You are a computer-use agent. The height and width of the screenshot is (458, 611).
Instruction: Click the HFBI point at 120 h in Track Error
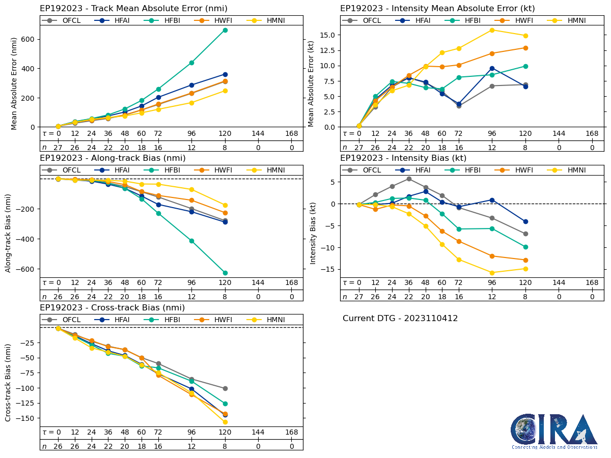(225, 30)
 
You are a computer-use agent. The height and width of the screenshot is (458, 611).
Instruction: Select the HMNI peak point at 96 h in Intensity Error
(492, 30)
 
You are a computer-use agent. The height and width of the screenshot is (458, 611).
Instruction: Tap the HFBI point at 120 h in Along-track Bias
(225, 273)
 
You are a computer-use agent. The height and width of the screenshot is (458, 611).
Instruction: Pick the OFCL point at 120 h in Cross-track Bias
(225, 388)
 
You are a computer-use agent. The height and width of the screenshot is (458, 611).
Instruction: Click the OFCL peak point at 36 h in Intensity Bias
(409, 179)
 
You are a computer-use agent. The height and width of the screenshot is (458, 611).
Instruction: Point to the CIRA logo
(554, 432)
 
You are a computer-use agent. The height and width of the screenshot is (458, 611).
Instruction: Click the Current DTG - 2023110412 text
(400, 319)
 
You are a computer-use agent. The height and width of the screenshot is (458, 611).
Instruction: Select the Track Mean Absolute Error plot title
(133, 8)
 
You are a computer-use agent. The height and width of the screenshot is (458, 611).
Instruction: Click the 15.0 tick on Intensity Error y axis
(325, 35)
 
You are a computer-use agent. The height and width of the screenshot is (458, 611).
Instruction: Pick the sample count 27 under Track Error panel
(58, 147)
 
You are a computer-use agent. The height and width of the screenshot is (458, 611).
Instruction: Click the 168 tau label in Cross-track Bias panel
(291, 432)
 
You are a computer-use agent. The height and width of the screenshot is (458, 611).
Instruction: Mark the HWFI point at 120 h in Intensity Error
(525, 48)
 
